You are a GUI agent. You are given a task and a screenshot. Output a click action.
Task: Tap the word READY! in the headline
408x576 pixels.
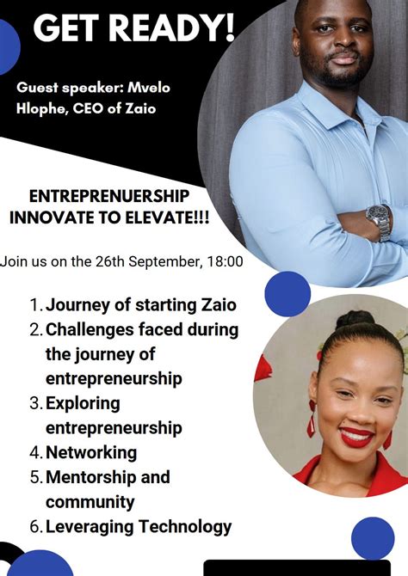(171, 28)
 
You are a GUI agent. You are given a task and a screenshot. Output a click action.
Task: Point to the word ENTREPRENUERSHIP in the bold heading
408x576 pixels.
(109, 197)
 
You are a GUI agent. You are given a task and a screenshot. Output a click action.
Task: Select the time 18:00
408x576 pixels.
(224, 261)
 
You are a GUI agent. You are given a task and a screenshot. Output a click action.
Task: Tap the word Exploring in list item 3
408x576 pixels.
(83, 402)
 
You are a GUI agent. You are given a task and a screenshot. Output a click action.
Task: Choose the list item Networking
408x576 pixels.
(91, 452)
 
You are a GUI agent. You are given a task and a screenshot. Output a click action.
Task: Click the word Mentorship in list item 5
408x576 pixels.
(89, 477)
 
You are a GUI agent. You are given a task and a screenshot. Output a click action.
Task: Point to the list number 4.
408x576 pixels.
(35, 452)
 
